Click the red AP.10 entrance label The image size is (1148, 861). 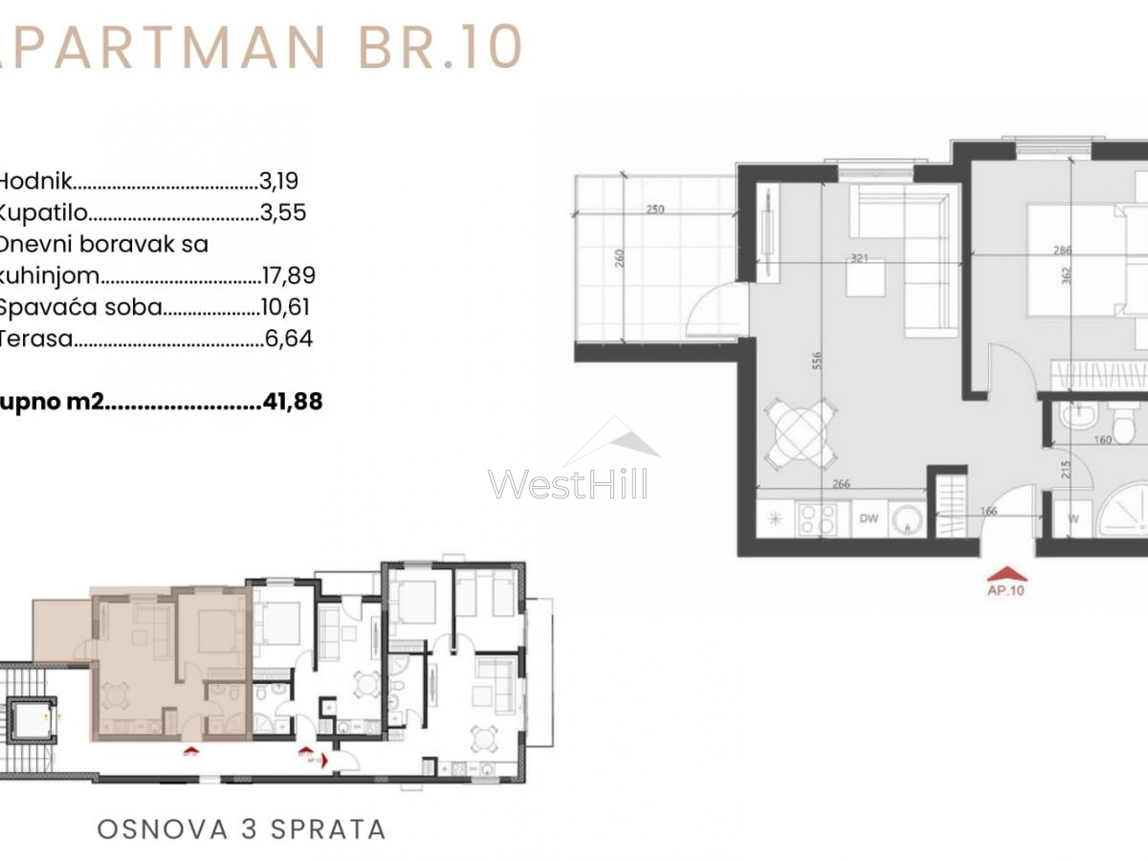pos(1005,590)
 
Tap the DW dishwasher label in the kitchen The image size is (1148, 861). pos(869,519)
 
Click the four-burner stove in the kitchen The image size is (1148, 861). pos(816,519)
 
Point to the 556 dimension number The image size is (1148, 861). pos(816,360)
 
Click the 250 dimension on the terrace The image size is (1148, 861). pos(654,210)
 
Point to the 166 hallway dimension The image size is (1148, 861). pos(988,512)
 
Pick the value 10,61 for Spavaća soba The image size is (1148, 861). pos(286,308)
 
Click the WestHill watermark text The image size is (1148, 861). pos(567,483)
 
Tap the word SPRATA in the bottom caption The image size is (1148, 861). pos(328,828)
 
